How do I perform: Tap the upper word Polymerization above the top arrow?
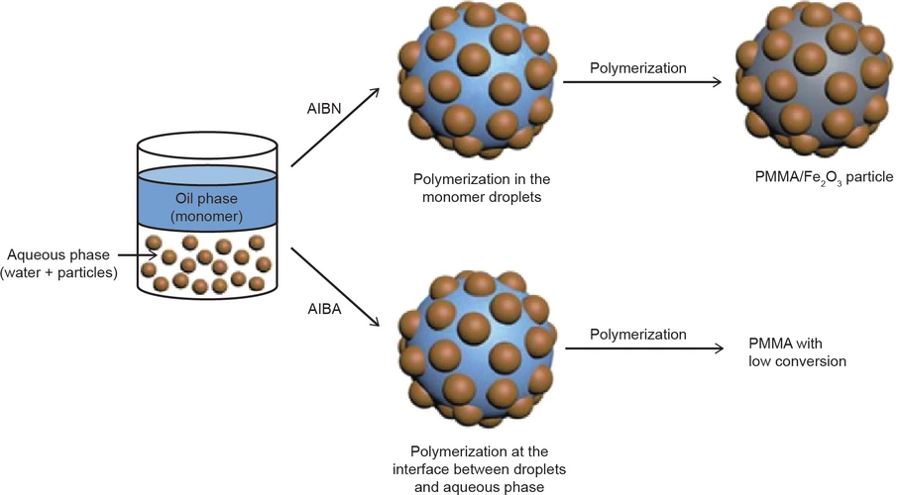637,69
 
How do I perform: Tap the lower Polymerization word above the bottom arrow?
637,335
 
